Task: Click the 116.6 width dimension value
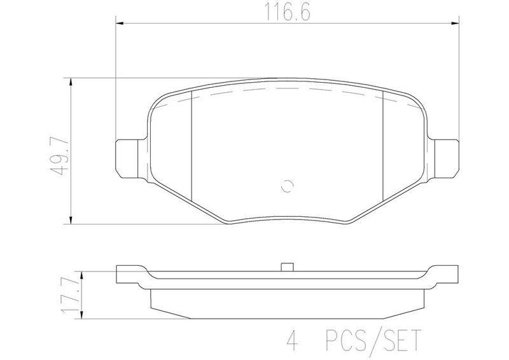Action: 288,12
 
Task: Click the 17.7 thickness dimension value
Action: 70,296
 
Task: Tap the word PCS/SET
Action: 373,340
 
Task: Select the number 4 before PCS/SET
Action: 292,340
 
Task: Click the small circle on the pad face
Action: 288,186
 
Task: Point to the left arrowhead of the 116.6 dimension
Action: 120,24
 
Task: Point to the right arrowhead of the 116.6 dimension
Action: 455,24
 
